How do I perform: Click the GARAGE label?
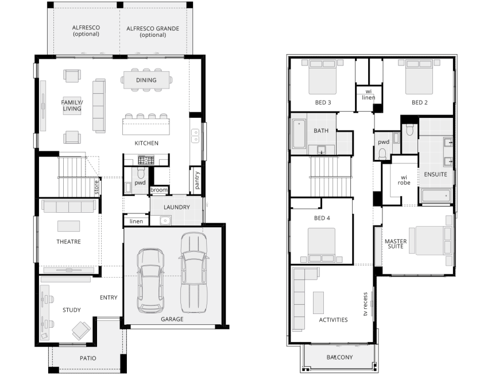(x=172, y=319)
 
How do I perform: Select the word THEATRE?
(x=68, y=242)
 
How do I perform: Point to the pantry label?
(x=196, y=180)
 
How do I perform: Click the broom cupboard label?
(x=158, y=190)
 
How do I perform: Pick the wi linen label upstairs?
(x=369, y=94)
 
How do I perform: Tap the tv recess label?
(x=365, y=304)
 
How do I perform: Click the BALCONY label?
(x=340, y=357)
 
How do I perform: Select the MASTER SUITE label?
(x=396, y=244)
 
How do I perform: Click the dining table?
(x=146, y=80)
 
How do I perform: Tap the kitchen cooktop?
(x=146, y=160)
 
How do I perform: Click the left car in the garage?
(x=150, y=281)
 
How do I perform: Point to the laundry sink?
(x=165, y=220)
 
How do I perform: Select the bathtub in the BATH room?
(x=299, y=134)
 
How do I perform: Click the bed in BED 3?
(x=323, y=77)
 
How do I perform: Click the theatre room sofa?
(x=69, y=206)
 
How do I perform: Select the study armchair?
(x=81, y=331)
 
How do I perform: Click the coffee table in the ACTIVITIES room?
(x=319, y=303)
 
